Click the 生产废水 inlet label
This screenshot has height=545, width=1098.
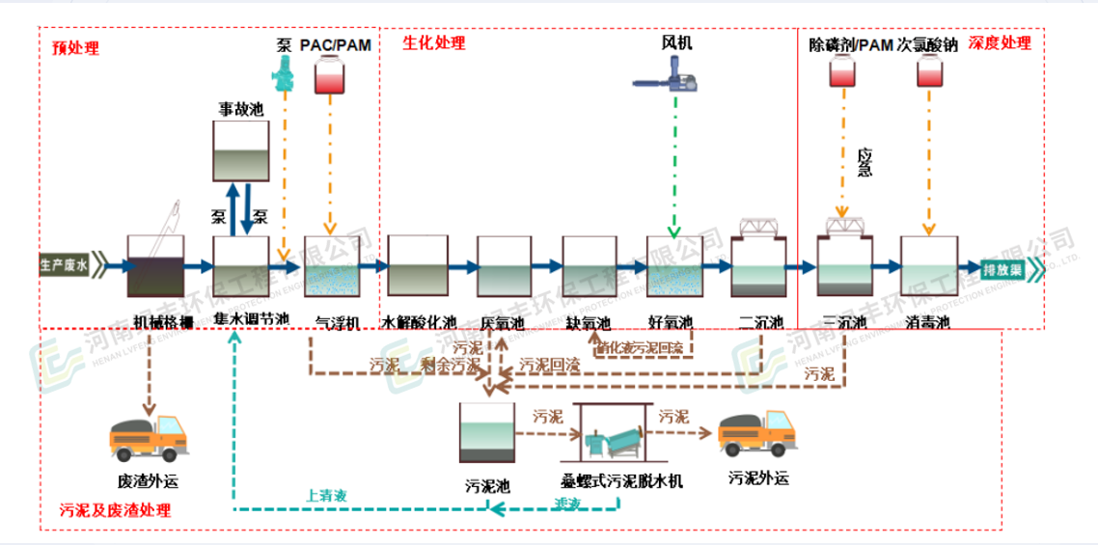64,263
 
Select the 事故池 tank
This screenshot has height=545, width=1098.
240,153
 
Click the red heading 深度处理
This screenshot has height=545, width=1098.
1001,42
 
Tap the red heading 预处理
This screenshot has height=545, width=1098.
75,47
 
